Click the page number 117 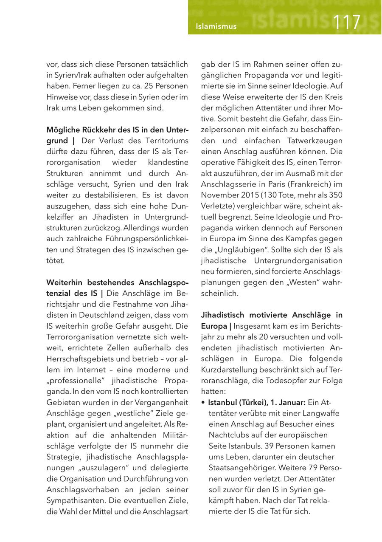coord(347,23)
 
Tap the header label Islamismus coord(216,27)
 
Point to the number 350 coord(335,195)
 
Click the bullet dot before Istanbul coord(203,403)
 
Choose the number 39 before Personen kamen coord(269,446)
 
